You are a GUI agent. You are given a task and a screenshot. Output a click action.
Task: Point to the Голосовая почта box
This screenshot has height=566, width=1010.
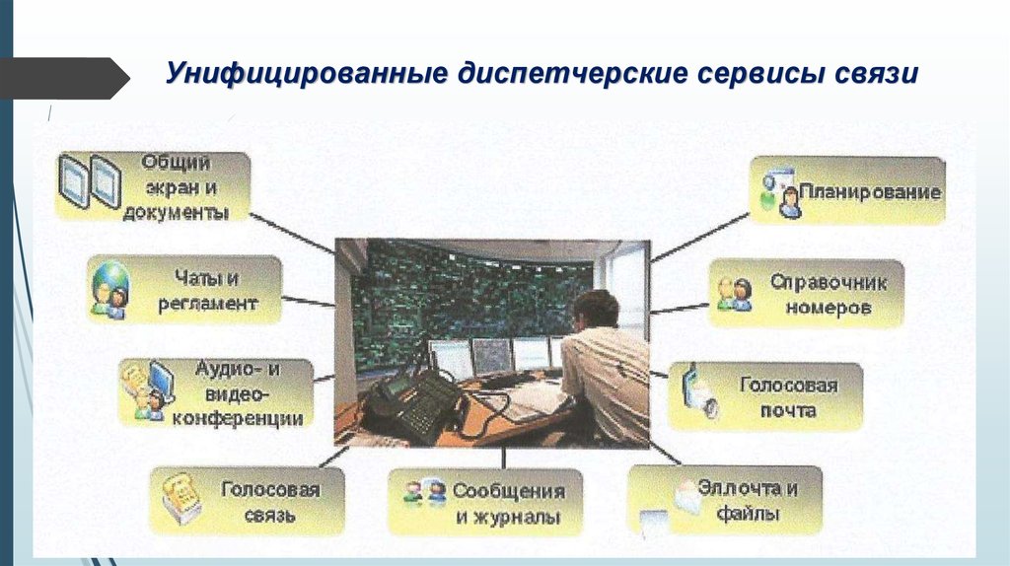(x=767, y=395)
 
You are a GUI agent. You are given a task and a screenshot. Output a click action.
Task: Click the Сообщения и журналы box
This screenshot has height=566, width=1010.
(x=485, y=502)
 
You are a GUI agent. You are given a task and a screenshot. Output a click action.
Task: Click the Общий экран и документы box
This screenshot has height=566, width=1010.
(x=153, y=184)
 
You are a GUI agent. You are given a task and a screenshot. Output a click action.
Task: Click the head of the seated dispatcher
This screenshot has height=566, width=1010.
(x=595, y=310)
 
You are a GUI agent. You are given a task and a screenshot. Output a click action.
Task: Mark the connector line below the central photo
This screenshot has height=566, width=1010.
(x=503, y=457)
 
